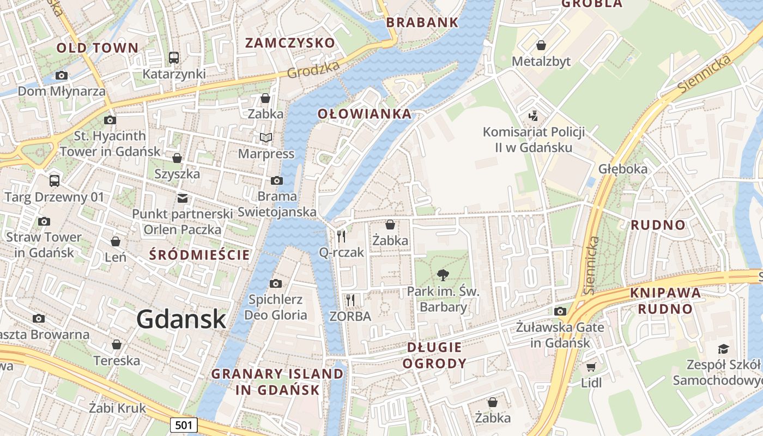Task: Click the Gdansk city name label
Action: [181, 319]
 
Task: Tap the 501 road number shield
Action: [183, 425]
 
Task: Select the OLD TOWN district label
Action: [98, 48]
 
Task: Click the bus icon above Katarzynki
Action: [174, 57]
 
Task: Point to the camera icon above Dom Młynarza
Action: [62, 75]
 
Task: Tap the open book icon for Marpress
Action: [265, 137]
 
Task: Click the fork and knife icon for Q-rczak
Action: [341, 236]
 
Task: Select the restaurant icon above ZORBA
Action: [350, 300]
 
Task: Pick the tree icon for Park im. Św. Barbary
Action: [443, 275]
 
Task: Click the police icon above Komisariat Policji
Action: [534, 116]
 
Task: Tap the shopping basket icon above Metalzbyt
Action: [541, 45]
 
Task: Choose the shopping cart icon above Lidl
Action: [591, 367]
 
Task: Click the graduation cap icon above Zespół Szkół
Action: [723, 349]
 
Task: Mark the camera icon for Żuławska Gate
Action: [560, 311]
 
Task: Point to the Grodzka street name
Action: [313, 69]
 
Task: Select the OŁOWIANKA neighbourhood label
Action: [364, 114]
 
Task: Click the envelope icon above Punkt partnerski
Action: [182, 197]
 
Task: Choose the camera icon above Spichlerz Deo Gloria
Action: [276, 283]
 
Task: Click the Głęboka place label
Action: [623, 168]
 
